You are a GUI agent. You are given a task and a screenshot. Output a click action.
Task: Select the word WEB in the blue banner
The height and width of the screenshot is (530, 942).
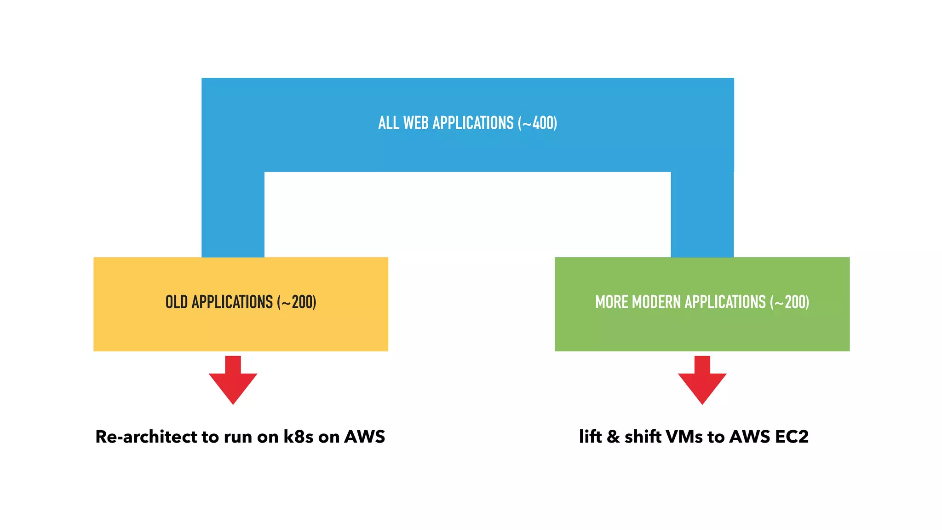pyautogui.click(x=416, y=123)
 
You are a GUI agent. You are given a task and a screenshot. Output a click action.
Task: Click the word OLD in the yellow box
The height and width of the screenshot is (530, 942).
pyautogui.click(x=176, y=302)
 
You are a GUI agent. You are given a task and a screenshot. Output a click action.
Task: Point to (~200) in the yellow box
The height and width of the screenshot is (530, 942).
pyautogui.click(x=297, y=302)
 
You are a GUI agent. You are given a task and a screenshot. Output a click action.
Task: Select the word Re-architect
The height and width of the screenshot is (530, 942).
pyautogui.click(x=146, y=437)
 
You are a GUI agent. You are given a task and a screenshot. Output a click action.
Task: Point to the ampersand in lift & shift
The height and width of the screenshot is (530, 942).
pyautogui.click(x=613, y=437)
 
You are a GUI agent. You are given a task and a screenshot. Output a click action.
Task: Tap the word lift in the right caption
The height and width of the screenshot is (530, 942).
pyautogui.click(x=590, y=437)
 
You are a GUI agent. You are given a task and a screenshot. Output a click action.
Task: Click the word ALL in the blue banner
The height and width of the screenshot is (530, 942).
pyautogui.click(x=388, y=123)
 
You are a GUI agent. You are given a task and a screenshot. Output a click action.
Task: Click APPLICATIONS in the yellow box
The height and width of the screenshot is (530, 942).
pyautogui.click(x=232, y=302)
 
